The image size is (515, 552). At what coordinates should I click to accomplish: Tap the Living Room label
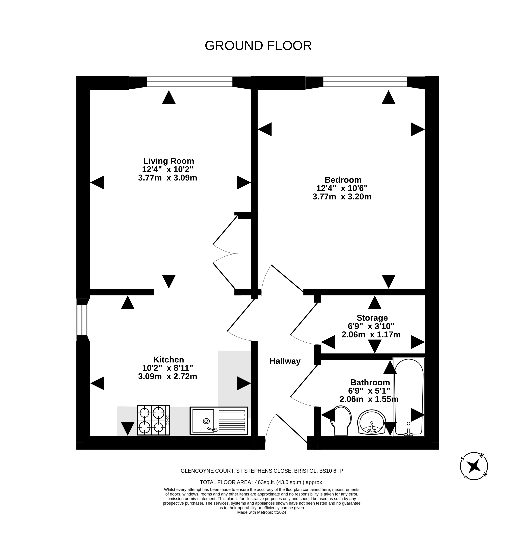tap(169, 161)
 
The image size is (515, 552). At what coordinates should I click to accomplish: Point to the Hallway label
tap(285, 361)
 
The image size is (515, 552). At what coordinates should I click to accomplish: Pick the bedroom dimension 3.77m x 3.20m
tap(342, 197)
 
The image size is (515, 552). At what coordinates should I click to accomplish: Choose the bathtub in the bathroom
tap(409, 397)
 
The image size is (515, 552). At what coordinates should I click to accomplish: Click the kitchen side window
tap(82, 320)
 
